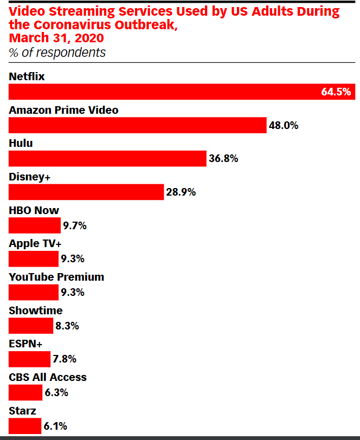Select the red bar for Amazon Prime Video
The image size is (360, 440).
pos(138,125)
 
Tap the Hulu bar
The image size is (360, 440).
pos(107,158)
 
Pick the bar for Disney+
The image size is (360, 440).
pos(86,192)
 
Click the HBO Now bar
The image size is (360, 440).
pos(35,225)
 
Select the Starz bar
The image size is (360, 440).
pos(25,426)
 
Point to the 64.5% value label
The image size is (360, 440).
pos(336,92)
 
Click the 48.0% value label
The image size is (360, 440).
pos(284,125)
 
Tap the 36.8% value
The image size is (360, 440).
pos(223,159)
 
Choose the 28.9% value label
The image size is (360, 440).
pos(181,192)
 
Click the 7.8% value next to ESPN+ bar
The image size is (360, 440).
pos(64,359)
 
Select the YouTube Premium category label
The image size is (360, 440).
pos(56,277)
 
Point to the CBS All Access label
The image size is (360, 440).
pos(48,377)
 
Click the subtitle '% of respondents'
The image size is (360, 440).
pos(57,53)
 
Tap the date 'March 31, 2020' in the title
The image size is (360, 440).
pos(56,38)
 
